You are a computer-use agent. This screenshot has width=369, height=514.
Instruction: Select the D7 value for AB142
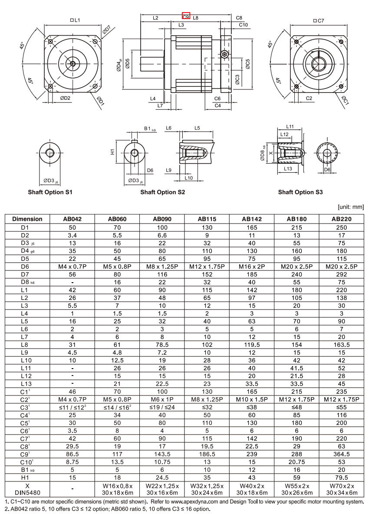(251, 274)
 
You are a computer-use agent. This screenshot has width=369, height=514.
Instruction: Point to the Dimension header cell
(27, 219)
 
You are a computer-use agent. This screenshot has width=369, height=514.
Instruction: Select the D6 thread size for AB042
(72, 267)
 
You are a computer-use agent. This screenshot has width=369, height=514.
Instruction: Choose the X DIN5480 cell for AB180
(297, 489)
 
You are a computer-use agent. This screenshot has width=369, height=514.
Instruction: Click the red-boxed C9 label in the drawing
(186, 16)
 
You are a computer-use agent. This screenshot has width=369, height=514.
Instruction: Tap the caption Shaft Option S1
(50, 192)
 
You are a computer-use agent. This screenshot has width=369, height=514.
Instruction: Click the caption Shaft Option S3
(300, 192)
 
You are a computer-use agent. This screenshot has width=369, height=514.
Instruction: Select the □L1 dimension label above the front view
(76, 20)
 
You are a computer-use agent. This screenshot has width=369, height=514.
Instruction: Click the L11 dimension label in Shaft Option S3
(290, 127)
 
